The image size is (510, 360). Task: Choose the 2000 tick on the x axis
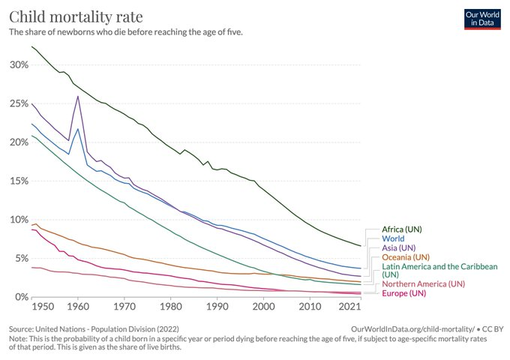click(x=263, y=307)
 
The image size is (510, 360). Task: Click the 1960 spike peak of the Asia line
click(x=78, y=96)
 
